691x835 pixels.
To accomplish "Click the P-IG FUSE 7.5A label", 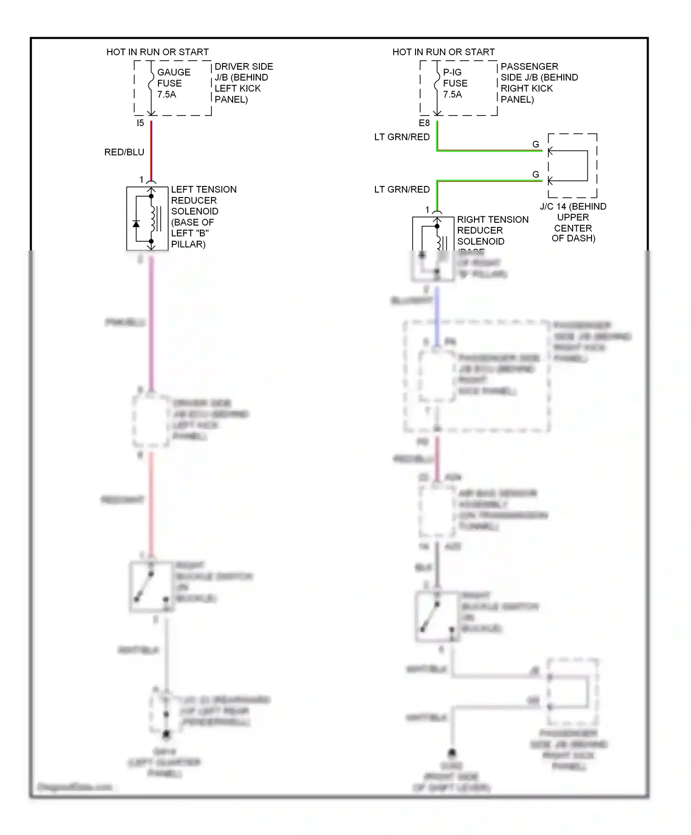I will click(x=455, y=83).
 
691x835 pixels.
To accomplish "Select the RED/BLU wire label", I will click(x=124, y=152).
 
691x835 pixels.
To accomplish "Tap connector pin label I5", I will click(x=140, y=123).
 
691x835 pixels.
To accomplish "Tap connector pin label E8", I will click(x=424, y=123).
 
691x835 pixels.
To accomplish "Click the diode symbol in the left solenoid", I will click(x=136, y=224).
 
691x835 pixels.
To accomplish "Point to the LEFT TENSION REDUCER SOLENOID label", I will click(x=203, y=216).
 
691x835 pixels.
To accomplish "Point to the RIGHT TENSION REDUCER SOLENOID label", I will click(x=492, y=230).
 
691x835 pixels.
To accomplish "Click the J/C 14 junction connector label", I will click(x=573, y=222).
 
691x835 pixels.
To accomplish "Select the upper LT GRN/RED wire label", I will click(x=402, y=137).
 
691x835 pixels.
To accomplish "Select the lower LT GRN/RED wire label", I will click(x=402, y=190).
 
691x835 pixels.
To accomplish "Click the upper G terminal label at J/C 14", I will click(x=535, y=145).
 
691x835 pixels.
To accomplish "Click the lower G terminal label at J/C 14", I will click(x=535, y=175).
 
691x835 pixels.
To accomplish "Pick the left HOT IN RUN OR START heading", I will click(x=158, y=52).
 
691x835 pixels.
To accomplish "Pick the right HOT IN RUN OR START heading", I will click(x=443, y=52).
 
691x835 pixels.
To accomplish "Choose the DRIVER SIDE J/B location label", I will click(x=243, y=83).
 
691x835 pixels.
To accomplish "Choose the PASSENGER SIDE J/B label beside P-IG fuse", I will click(x=539, y=83).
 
